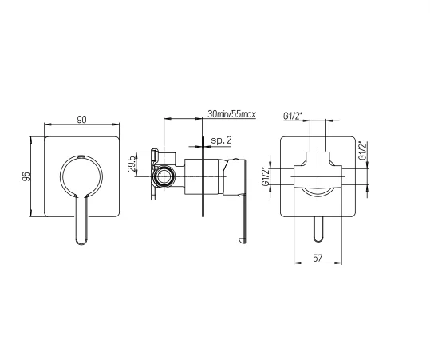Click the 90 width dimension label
pyautogui.click(x=81, y=120)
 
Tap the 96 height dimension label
pyautogui.click(x=26, y=176)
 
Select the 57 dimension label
pyautogui.click(x=318, y=258)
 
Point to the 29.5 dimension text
pyautogui.click(x=132, y=164)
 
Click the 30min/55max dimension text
pyautogui.click(x=231, y=114)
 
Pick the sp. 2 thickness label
pyautogui.click(x=221, y=140)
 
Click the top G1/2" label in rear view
pyautogui.click(x=293, y=117)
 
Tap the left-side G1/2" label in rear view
pyautogui.click(x=266, y=176)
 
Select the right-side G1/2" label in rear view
pyautogui.click(x=362, y=150)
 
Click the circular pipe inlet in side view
pyautogui.click(x=164, y=176)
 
